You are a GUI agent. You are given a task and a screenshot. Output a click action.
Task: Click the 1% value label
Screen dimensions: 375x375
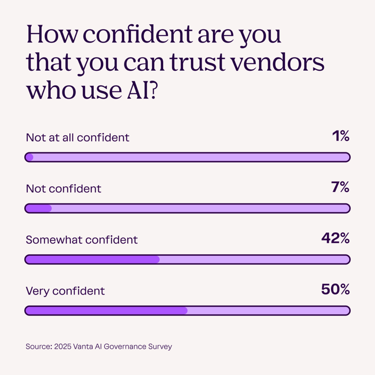[x=340, y=137]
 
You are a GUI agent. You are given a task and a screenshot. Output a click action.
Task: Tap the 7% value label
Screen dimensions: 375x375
[x=340, y=187]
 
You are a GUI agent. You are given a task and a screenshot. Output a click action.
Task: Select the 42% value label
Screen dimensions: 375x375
[x=335, y=238]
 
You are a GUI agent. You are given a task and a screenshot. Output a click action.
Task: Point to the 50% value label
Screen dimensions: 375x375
[x=335, y=290]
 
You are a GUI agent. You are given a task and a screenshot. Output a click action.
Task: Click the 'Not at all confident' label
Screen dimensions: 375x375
[x=78, y=137]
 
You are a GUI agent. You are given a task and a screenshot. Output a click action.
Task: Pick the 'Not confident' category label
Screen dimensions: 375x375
[x=63, y=188]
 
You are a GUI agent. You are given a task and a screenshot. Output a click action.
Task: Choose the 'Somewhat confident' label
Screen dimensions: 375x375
[x=82, y=240]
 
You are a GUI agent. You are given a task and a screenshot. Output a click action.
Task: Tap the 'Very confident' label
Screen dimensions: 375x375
[x=65, y=291]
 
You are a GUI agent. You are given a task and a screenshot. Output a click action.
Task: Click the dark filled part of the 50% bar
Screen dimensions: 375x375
[x=106, y=311]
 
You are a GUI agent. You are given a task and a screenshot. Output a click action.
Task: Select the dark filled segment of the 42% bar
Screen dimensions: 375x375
[x=93, y=259]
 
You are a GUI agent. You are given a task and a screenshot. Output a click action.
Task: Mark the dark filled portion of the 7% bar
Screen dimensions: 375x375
[x=39, y=208]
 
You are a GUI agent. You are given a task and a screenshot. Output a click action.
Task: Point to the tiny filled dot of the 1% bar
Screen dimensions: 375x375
[x=29, y=157]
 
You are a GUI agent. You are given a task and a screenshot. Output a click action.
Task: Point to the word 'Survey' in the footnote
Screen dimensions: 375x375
[x=160, y=347]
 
